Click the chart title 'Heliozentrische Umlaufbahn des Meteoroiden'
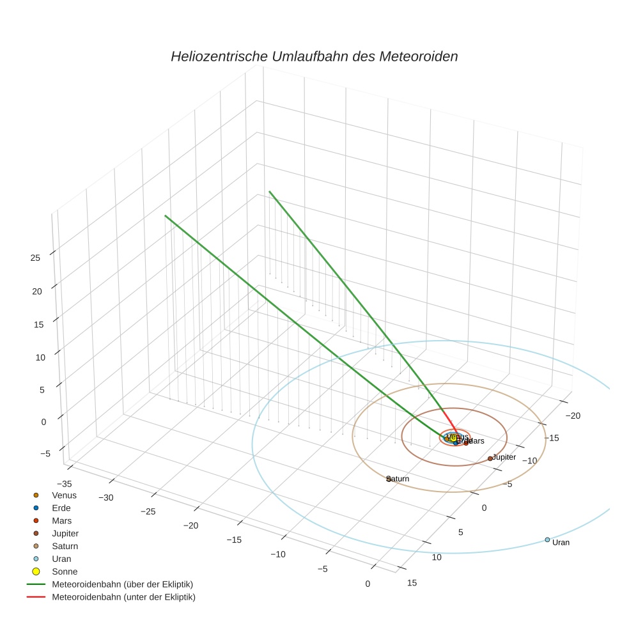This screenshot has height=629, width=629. [314, 56]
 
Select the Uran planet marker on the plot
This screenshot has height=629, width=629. [547, 540]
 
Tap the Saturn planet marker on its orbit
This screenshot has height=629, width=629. [389, 479]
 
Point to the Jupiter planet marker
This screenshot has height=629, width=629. [490, 458]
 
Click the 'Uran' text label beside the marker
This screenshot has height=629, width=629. [561, 543]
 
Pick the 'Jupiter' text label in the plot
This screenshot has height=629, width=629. [504, 457]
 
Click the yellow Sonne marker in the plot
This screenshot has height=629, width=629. [453, 438]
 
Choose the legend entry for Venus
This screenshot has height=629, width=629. [64, 495]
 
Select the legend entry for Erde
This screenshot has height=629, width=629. [61, 508]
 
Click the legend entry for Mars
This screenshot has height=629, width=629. [61, 521]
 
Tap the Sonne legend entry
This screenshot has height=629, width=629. [64, 571]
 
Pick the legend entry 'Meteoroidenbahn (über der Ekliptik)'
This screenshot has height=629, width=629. [122, 584]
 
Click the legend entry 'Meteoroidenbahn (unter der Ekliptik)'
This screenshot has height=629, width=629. [123, 597]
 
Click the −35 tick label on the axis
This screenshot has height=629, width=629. [64, 484]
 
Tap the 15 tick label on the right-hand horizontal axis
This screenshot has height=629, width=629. [412, 582]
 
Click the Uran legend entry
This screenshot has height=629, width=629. [61, 559]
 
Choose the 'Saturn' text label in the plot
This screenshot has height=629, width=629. [399, 479]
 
